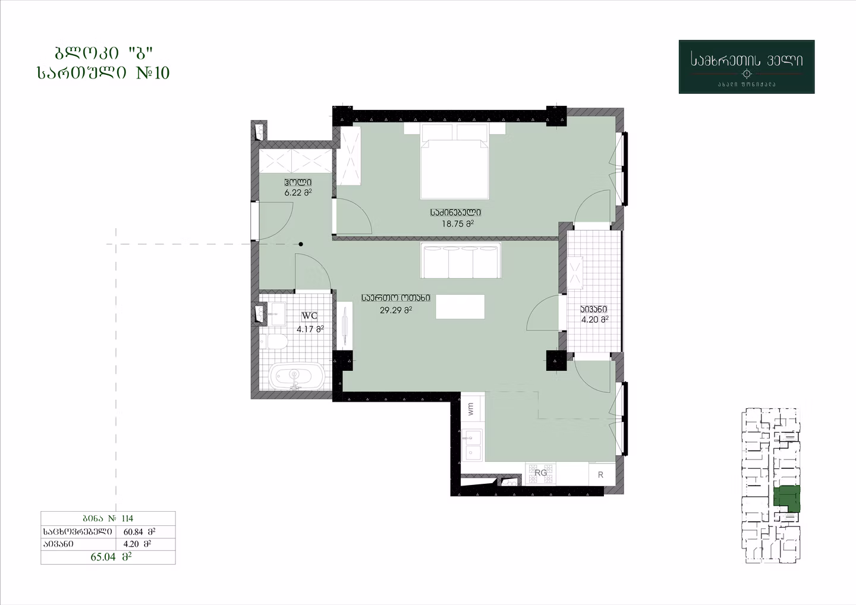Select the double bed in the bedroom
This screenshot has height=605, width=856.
click(x=454, y=161)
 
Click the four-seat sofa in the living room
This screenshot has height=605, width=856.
click(x=461, y=260)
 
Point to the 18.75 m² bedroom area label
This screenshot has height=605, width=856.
click(x=458, y=224)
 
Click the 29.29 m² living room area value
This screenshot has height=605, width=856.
click(x=395, y=310)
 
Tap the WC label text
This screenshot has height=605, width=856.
click(x=309, y=316)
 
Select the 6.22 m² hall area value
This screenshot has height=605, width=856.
click(x=298, y=193)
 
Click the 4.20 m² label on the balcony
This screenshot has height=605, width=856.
click(x=594, y=319)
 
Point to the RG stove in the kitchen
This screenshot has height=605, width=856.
click(x=540, y=474)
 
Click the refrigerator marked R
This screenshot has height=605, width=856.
click(x=602, y=474)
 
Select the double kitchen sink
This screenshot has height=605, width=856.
click(x=473, y=445)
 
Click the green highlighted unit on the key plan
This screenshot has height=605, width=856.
click(x=786, y=499)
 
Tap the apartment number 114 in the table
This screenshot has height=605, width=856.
click(x=127, y=518)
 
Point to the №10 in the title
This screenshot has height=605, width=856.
click(x=153, y=73)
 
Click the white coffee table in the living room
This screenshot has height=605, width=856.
click(x=460, y=306)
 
